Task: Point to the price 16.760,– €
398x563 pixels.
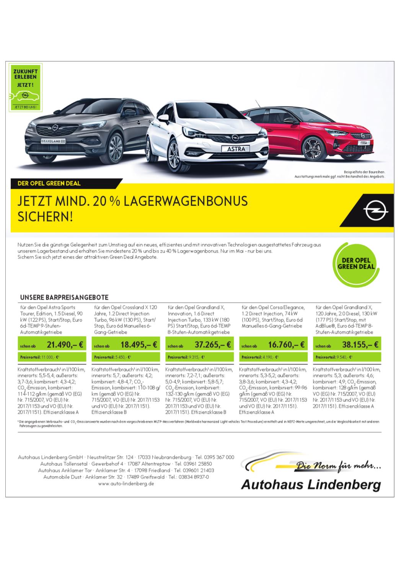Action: [286, 344]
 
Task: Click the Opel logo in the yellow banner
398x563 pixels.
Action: [372, 212]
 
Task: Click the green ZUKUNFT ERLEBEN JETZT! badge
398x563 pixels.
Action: [25, 88]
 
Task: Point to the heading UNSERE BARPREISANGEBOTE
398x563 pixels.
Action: [64, 297]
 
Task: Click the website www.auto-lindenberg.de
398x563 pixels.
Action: [126, 484]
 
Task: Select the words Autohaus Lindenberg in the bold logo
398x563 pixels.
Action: [311, 485]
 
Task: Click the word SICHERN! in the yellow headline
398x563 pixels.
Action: [45, 217]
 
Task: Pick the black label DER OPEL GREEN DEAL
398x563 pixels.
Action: [49, 183]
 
